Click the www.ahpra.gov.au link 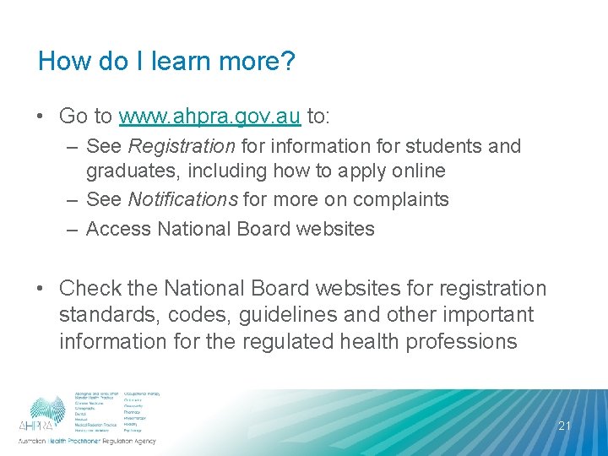[209, 116]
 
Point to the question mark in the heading [288, 62]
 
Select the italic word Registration [181, 146]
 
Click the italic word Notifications [183, 200]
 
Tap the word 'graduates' [130, 171]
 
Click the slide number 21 [564, 426]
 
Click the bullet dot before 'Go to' [42, 117]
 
